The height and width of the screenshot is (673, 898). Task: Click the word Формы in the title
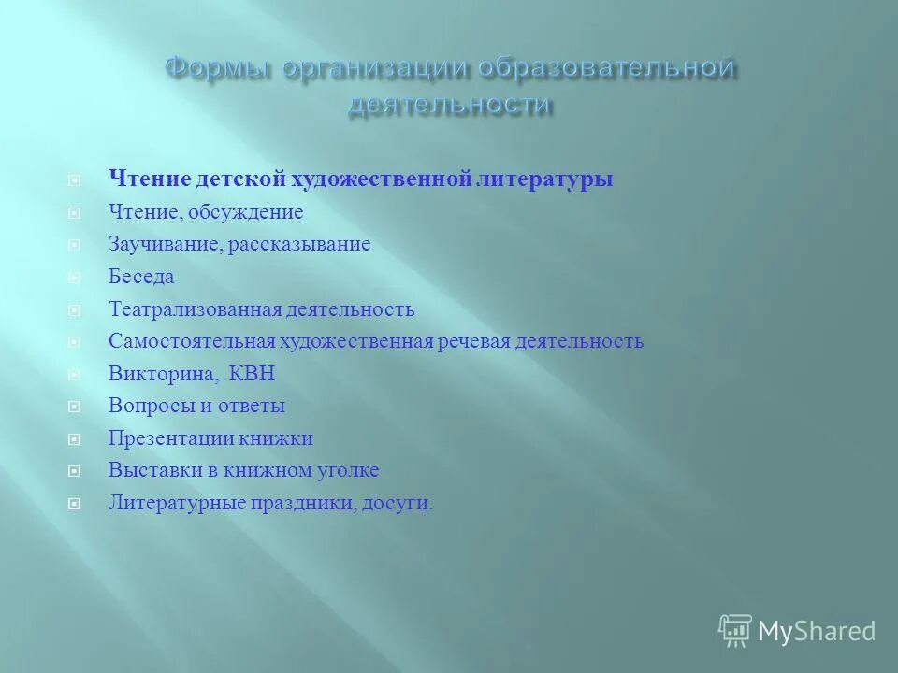(x=215, y=69)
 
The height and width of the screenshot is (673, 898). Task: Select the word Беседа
(x=141, y=277)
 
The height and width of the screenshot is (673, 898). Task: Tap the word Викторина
(x=162, y=374)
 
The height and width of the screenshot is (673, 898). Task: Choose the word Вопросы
(x=146, y=406)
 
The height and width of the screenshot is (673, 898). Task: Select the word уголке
(x=348, y=470)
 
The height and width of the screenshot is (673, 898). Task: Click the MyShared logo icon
(x=735, y=631)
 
